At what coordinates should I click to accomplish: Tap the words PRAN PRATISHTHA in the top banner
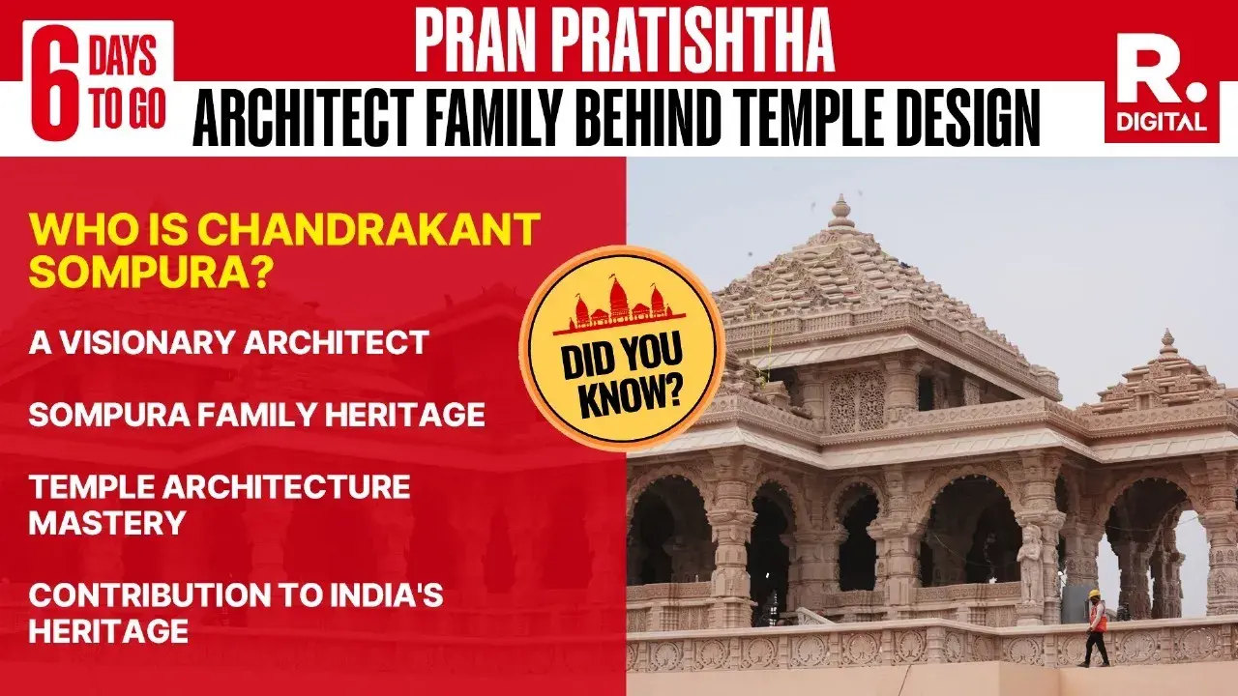pyautogui.click(x=624, y=41)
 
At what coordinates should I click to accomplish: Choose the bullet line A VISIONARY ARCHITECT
pyautogui.click(x=228, y=342)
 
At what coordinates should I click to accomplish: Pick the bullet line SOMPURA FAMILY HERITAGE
pyautogui.click(x=256, y=415)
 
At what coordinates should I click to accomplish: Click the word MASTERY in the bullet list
pyautogui.click(x=107, y=523)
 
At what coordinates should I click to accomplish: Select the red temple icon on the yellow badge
pyautogui.click(x=624, y=304)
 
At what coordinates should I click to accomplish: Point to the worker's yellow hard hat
pyautogui.click(x=1095, y=594)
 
